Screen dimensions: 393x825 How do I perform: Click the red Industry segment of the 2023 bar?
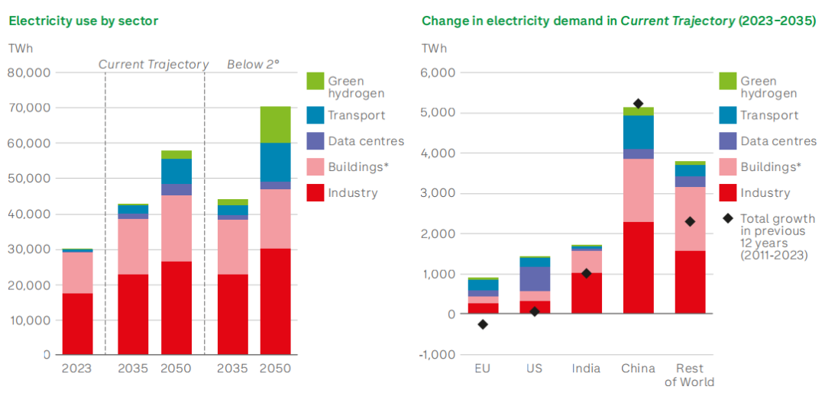[77, 324]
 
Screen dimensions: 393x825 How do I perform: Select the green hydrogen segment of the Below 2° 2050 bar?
[275, 124]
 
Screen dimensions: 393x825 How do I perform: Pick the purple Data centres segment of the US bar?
[534, 279]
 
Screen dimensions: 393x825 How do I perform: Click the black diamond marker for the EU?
[483, 324]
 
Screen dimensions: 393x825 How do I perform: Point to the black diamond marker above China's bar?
[638, 104]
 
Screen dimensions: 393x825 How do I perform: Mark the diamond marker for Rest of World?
[690, 221]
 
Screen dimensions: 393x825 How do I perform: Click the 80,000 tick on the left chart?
[29, 72]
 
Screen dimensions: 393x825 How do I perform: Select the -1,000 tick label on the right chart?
[438, 355]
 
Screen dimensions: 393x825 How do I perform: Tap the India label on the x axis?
[586, 369]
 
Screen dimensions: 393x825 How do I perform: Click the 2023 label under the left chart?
[77, 369]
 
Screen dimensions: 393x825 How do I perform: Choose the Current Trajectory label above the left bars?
[154, 65]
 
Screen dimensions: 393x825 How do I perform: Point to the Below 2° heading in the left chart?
[253, 65]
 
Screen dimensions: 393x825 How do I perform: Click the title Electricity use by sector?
[83, 21]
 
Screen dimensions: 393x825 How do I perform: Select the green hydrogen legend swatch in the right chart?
[728, 81]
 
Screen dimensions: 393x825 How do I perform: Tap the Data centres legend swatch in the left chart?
[315, 141]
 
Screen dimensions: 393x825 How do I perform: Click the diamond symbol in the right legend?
[728, 219]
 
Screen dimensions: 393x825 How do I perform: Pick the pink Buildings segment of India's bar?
[586, 262]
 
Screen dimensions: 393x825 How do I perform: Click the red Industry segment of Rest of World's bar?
[690, 282]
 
